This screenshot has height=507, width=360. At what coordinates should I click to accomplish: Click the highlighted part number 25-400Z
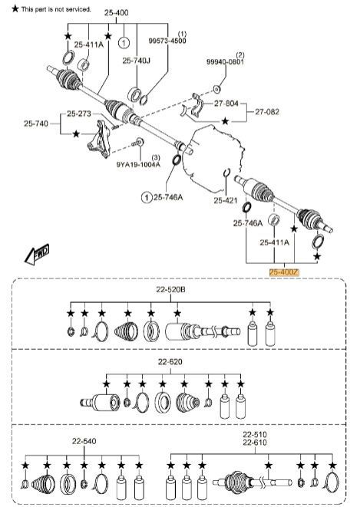pyautogui.click(x=284, y=272)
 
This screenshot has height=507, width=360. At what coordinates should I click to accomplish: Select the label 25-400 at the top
pyautogui.click(x=116, y=12)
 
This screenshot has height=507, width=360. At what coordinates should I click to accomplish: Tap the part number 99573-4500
pyautogui.click(x=167, y=41)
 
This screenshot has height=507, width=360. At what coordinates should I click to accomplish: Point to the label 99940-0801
pyautogui.click(x=225, y=61)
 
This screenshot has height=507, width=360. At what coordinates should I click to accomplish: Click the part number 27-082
pyautogui.click(x=267, y=112)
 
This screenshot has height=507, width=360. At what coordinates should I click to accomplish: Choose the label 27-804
pyautogui.click(x=226, y=104)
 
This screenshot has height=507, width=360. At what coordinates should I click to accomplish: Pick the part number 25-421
pyautogui.click(x=226, y=200)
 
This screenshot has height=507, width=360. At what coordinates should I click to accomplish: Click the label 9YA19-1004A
pyautogui.click(x=138, y=164)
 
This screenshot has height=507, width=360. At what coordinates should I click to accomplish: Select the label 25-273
pyautogui.click(x=79, y=114)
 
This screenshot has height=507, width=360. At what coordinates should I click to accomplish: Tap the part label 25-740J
pyautogui.click(x=136, y=61)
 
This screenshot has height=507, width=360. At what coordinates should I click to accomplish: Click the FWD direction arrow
pyautogui.click(x=37, y=254)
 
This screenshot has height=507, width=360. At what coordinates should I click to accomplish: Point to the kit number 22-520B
pyautogui.click(x=170, y=289)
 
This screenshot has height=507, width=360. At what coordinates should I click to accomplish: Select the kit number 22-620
pyautogui.click(x=170, y=362)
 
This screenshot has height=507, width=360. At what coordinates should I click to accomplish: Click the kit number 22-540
pyautogui.click(x=84, y=441)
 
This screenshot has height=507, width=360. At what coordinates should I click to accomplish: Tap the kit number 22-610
pyautogui.click(x=255, y=443)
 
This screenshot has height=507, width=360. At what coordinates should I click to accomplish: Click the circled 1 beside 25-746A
pyautogui.click(x=147, y=197)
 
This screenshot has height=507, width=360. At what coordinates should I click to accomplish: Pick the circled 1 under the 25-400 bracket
pyautogui.click(x=124, y=42)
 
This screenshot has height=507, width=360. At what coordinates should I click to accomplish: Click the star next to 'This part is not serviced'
pyautogui.click(x=15, y=8)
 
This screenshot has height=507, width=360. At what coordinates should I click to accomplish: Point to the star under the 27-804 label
pyautogui.click(x=225, y=121)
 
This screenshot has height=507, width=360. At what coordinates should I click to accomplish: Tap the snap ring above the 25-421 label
pyautogui.click(x=226, y=173)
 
